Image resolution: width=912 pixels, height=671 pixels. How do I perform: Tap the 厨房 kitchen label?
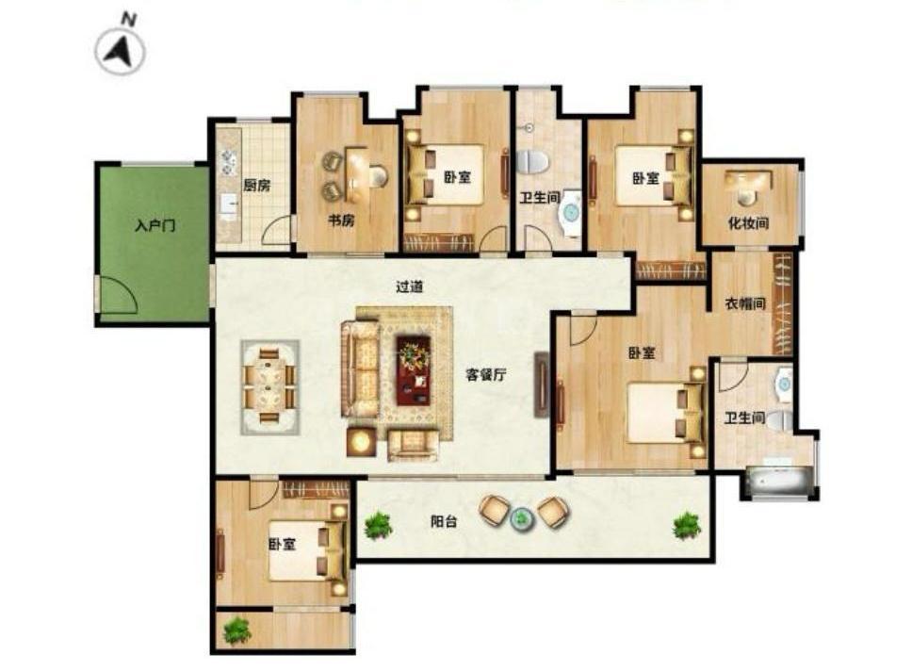point(256,186)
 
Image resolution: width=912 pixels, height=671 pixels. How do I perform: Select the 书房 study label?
point(341,221)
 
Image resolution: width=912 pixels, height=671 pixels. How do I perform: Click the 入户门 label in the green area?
point(155,225)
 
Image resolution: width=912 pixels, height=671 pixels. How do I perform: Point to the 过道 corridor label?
point(410,286)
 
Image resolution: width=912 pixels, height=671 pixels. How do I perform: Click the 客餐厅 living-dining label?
point(485,374)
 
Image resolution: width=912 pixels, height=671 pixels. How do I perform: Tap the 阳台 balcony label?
point(444,521)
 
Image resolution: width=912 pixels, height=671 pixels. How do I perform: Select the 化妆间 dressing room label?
point(749,222)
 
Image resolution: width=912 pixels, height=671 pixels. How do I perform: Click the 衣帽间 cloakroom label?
point(745,303)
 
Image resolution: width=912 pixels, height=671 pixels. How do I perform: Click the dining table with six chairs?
point(270,386)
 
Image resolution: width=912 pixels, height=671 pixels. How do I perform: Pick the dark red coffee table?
point(414,370)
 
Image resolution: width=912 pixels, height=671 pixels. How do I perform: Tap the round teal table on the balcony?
point(521,516)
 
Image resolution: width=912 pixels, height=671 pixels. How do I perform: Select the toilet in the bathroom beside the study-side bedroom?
point(532,162)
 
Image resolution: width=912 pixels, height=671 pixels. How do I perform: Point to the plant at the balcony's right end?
point(687,526)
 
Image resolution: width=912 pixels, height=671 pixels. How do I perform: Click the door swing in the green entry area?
point(120,296)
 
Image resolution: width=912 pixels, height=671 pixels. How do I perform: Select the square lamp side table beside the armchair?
point(362,442)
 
